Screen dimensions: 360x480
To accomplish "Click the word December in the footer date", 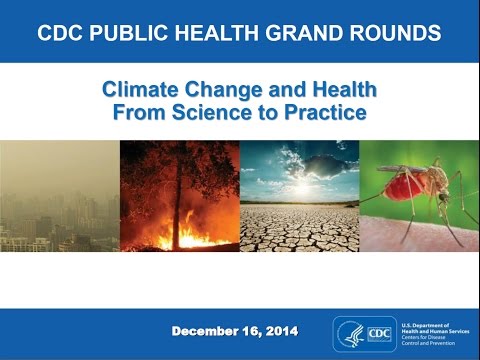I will pos(211,331).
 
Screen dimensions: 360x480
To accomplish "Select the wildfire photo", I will pos(180,194).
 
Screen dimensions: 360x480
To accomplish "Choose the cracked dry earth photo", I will pos(300,225).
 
